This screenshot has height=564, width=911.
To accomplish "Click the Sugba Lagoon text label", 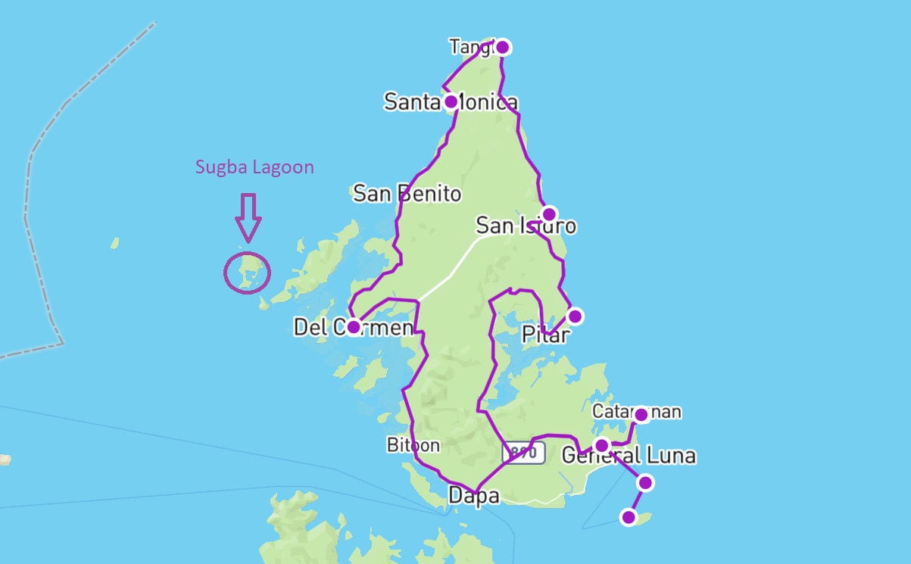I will pos(254,167).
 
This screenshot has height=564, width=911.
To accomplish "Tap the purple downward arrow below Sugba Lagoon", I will pos(248,217).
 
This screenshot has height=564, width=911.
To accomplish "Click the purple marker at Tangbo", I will pos(501,47).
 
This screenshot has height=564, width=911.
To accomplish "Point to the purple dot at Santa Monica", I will pos(451,101).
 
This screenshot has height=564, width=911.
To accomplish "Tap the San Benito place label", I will pos(407,194).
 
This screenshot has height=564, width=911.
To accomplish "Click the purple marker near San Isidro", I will pos(549,213).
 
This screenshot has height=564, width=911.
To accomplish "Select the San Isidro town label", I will pos(526,226).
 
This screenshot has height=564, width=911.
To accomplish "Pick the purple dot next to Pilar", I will pos(575,316).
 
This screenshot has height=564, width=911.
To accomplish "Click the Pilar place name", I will pos(545,335).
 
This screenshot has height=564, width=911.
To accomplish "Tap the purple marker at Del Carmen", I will pos(354,327).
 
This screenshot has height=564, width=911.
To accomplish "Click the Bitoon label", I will pos(413,445).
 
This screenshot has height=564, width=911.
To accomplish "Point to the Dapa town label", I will pos(473,496).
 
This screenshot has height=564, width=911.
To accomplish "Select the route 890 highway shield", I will pos(523,453).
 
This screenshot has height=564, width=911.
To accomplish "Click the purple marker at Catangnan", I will pos(641,414).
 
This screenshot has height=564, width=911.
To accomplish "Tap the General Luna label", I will pos(629,456).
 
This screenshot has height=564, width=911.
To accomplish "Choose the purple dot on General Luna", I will pos(601,445).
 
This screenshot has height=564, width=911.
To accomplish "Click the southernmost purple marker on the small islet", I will pos(628,517).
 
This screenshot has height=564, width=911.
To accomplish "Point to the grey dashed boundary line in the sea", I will pos(30,189).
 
